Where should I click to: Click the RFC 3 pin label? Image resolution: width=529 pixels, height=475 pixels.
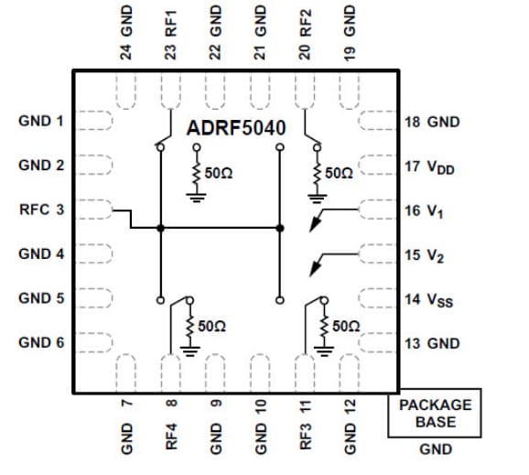click(x=41, y=210)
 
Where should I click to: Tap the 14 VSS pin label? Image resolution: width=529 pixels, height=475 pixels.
click(x=428, y=299)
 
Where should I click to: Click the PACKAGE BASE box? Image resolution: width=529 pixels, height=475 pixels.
click(x=435, y=414)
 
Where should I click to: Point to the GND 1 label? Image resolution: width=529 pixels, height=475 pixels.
click(x=41, y=121)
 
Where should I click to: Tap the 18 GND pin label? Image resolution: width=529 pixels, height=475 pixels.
click(x=431, y=122)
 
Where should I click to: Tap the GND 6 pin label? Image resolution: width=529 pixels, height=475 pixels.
click(x=41, y=342)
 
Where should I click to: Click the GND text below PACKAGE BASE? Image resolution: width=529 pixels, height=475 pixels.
click(x=435, y=449)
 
